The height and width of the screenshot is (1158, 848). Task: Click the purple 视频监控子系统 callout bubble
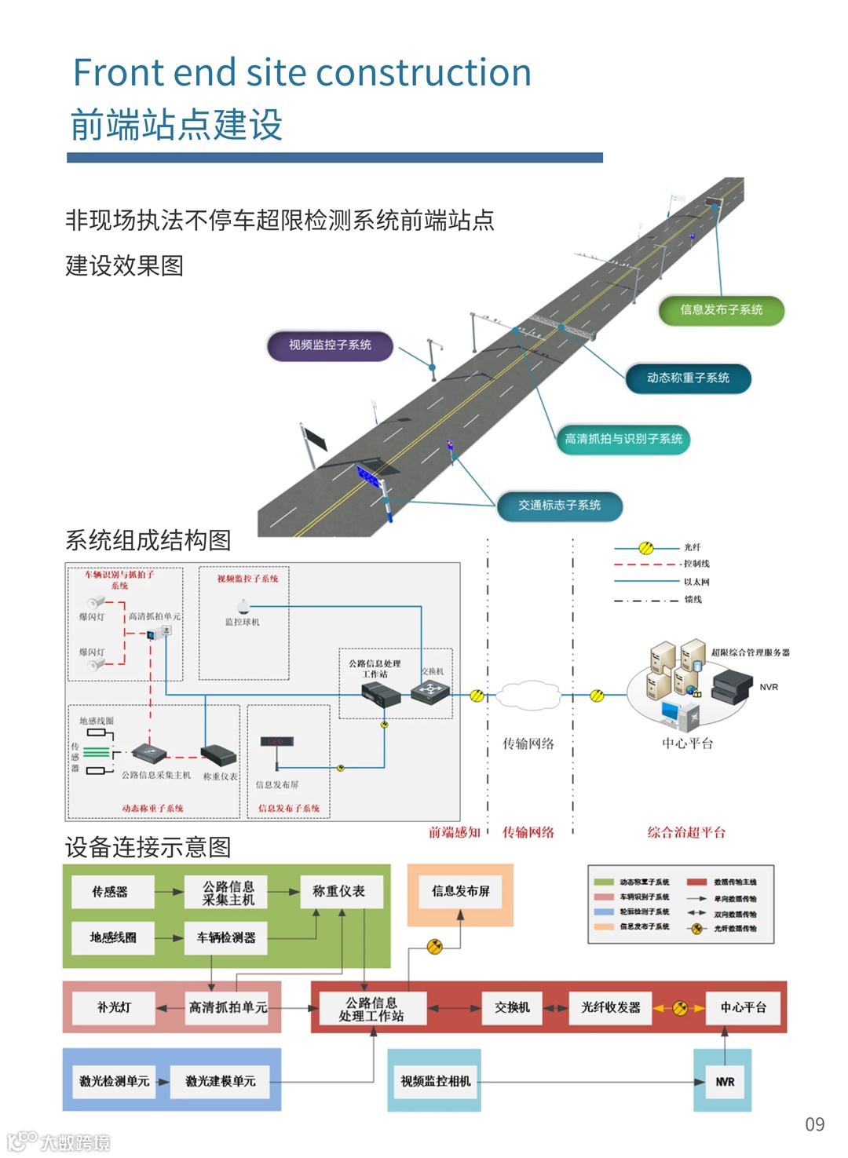[330, 345]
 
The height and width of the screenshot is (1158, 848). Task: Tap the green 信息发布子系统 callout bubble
[721, 310]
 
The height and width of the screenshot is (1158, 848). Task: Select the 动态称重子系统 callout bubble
[688, 378]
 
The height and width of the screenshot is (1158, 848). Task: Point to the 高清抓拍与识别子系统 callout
[623, 439]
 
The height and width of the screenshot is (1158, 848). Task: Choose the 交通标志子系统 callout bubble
[559, 506]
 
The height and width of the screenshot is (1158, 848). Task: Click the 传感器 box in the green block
[110, 892]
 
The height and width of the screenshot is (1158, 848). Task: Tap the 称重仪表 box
[338, 892]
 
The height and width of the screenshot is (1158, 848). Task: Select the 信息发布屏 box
[461, 891]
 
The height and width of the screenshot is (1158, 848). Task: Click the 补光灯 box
[115, 1007]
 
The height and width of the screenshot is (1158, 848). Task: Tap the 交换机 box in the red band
[512, 1007]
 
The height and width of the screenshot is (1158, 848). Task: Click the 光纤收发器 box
[611, 1007]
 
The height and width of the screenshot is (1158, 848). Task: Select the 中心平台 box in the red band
[743, 1007]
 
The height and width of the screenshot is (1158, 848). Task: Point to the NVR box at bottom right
[725, 1082]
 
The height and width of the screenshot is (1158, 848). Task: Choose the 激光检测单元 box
[115, 1081]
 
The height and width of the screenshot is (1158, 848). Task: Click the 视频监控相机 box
[436, 1081]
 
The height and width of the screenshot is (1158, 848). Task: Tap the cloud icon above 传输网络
[528, 695]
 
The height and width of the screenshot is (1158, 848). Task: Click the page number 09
[815, 1124]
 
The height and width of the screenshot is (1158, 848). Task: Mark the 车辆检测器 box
[226, 937]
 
